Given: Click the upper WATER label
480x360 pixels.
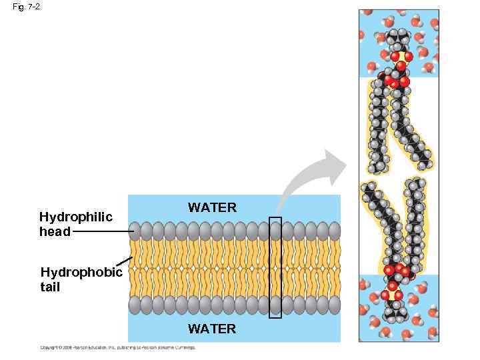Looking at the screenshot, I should pyautogui.click(x=212, y=207).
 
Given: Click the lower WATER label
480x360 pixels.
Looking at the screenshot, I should pyautogui.click(x=212, y=329).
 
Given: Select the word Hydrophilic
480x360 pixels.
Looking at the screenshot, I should pyautogui.click(x=75, y=217).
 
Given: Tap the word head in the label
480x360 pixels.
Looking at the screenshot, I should pyautogui.click(x=55, y=232).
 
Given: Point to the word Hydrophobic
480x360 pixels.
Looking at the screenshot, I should pyautogui.click(x=81, y=272).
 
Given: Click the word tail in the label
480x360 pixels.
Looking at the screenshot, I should pyautogui.click(x=50, y=287).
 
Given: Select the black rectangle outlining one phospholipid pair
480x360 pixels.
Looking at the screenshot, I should pyautogui.click(x=275, y=267).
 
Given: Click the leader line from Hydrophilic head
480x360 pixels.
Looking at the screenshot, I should pyautogui.click(x=103, y=232).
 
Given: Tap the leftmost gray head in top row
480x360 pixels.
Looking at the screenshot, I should pyautogui.click(x=135, y=231).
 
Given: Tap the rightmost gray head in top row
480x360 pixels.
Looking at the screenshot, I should pyautogui.click(x=334, y=231).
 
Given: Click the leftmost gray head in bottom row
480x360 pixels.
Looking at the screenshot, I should pyautogui.click(x=135, y=305).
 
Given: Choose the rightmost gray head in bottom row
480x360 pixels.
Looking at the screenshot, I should pyautogui.click(x=334, y=305).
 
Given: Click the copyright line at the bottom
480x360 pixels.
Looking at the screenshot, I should pyautogui.click(x=117, y=347).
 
